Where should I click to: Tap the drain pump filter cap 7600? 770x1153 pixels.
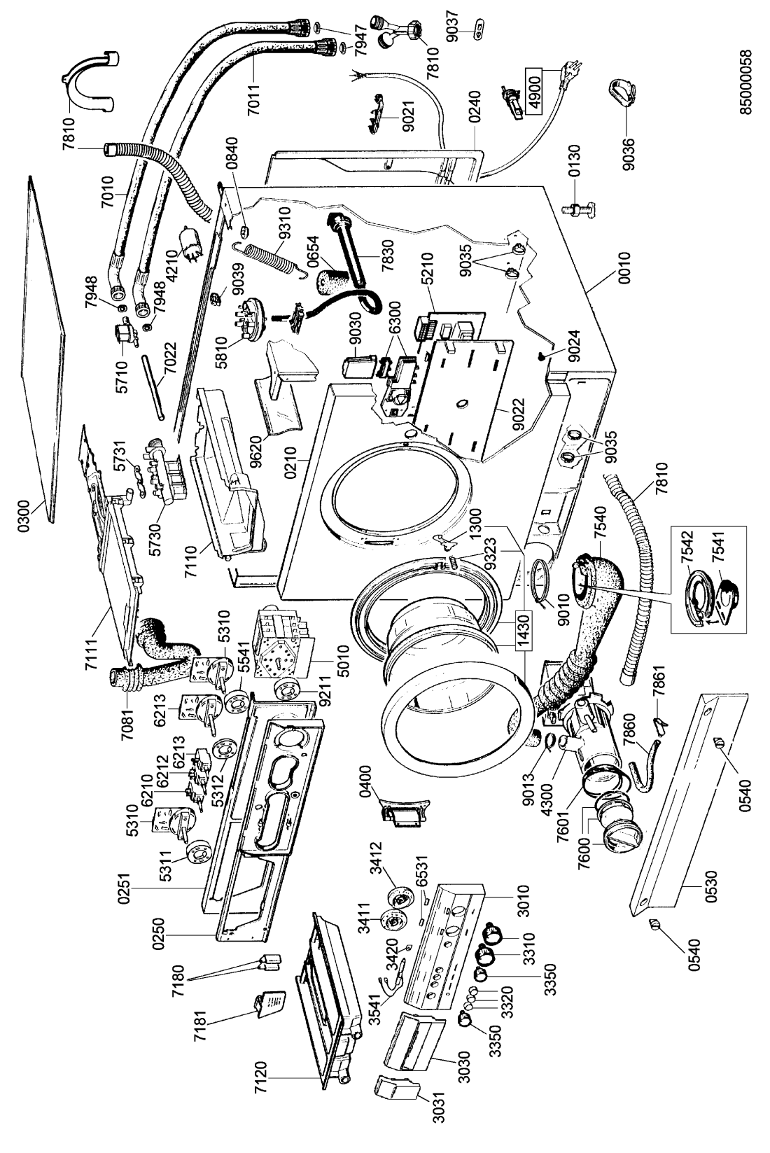pos(603,844)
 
